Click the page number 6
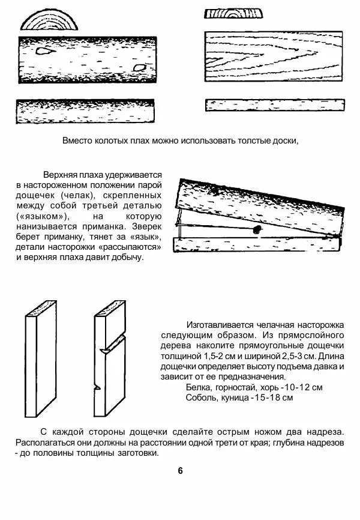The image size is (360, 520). pyautogui.click(x=180, y=470)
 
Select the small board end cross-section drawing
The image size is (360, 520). pyautogui.click(x=233, y=14)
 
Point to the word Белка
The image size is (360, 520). pyautogui.click(x=200, y=387)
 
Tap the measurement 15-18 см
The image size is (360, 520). pyautogui.click(x=273, y=398)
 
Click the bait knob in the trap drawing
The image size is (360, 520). pyautogui.click(x=256, y=229)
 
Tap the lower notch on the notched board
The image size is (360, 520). pyautogui.click(x=97, y=389)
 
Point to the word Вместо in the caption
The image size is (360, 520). pyautogui.click(x=76, y=141)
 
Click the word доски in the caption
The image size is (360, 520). pyautogui.click(x=284, y=141)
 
